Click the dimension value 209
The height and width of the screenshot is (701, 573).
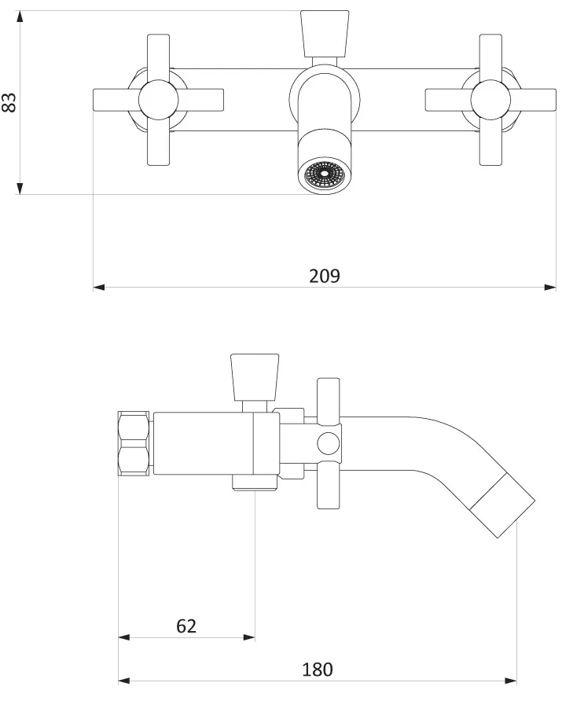click(x=325, y=276)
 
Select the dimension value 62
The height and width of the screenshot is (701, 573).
click(x=186, y=626)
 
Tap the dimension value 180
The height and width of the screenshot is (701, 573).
click(x=318, y=670)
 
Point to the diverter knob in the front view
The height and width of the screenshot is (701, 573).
click(x=325, y=34)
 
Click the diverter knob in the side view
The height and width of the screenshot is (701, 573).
click(x=255, y=377)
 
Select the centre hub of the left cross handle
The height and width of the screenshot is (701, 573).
click(x=158, y=100)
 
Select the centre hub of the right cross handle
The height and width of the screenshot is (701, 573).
click(x=490, y=100)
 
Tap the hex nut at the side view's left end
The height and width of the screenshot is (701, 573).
click(x=134, y=444)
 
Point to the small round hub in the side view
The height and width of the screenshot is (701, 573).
click(x=329, y=444)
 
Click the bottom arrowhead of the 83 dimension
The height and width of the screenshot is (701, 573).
click(x=19, y=189)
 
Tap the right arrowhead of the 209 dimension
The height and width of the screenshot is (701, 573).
click(x=550, y=288)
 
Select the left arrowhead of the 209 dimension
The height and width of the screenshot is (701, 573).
click(x=99, y=288)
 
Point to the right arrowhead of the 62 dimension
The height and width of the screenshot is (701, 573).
click(x=249, y=637)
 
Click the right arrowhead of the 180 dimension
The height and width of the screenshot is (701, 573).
click(x=510, y=681)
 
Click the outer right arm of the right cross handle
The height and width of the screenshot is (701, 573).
click(x=533, y=100)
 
